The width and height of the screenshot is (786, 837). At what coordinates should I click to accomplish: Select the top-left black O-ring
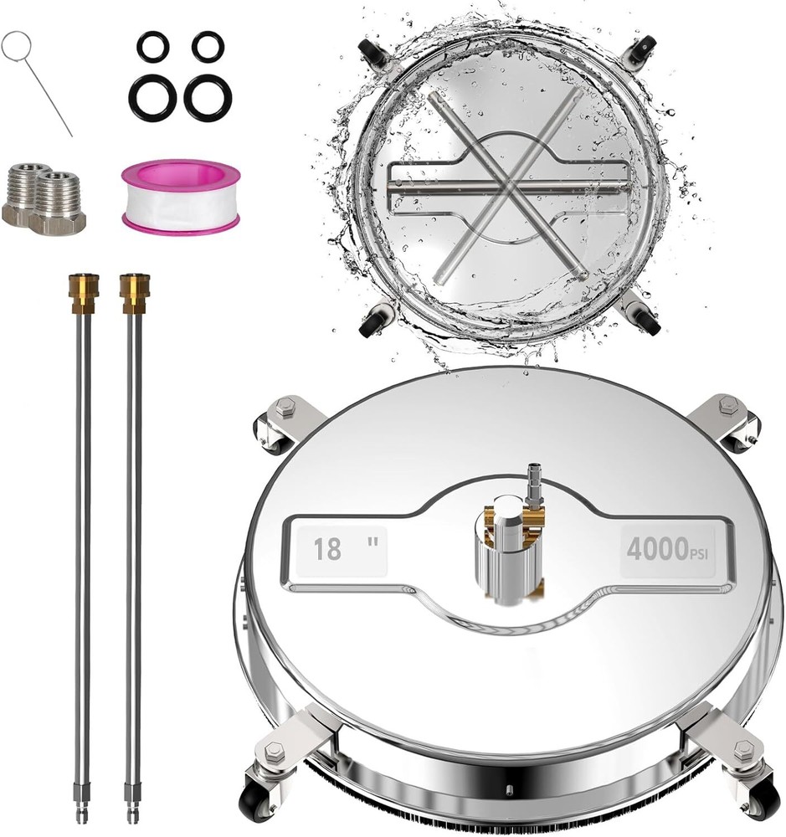[153, 46]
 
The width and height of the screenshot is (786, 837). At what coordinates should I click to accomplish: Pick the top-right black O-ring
[208, 45]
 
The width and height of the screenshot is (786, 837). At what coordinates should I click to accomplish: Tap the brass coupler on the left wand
[84, 293]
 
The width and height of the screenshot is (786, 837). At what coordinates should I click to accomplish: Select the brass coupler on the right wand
[134, 293]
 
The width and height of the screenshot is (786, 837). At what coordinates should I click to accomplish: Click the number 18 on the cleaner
[326, 549]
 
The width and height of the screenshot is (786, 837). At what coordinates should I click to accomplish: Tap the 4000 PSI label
[667, 550]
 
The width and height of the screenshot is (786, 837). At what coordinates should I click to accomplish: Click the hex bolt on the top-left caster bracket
[284, 404]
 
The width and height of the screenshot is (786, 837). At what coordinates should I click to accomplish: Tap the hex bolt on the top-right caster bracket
[727, 404]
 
